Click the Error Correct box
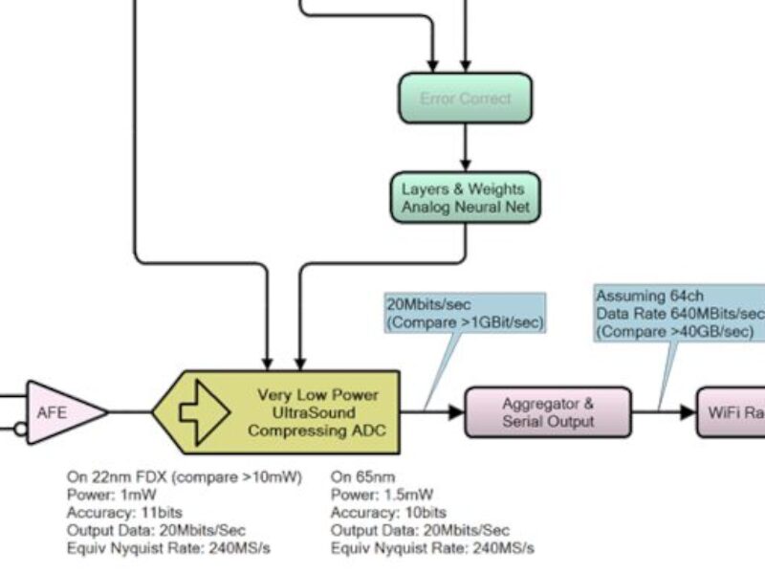point(465,99)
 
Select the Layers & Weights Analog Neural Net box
point(465,197)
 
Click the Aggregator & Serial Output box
point(548,412)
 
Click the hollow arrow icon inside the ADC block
point(202,412)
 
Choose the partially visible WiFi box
point(731,412)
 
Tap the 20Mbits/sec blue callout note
point(465,314)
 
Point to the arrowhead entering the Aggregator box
point(456,412)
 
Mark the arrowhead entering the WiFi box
point(688,412)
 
